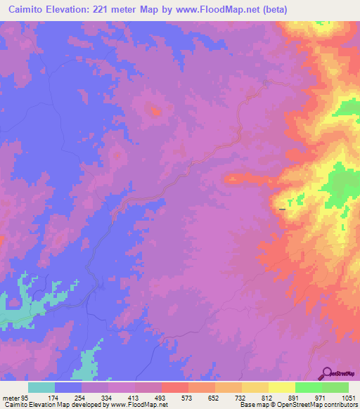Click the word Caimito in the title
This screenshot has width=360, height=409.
[30, 10]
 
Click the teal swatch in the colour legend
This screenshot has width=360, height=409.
[41, 387]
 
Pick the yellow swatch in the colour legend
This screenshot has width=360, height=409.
[281, 387]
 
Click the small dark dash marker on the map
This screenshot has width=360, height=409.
[283, 209]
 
